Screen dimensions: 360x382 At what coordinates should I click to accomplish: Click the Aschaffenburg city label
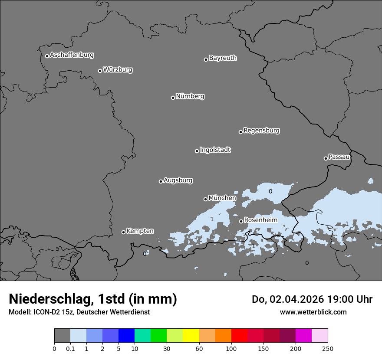click(x=72, y=55)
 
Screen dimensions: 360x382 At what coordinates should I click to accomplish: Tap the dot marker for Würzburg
click(x=100, y=71)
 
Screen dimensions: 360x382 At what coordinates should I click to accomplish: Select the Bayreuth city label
click(x=223, y=58)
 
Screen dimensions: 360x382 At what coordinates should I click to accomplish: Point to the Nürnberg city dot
click(x=173, y=98)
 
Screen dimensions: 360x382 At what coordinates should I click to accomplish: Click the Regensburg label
click(x=261, y=131)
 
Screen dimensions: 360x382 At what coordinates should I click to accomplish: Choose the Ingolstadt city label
click(x=215, y=150)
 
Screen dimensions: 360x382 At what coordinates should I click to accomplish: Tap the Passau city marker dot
click(x=326, y=158)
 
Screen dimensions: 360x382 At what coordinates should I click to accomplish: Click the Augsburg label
click(x=178, y=180)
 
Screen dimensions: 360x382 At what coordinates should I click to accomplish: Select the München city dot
click(x=206, y=199)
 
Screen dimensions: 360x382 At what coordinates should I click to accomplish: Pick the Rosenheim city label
click(x=260, y=220)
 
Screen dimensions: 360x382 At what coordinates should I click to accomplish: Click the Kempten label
click(x=140, y=231)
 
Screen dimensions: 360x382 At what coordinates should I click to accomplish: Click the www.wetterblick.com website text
click(x=313, y=312)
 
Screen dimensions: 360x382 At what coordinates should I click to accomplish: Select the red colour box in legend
click(x=239, y=336)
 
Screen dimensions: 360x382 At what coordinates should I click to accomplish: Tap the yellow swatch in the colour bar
click(x=191, y=336)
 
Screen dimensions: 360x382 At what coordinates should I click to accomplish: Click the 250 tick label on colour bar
click(x=328, y=348)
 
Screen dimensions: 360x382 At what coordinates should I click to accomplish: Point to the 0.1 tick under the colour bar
click(x=70, y=348)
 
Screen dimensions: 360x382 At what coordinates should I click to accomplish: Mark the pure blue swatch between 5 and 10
click(x=126, y=336)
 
